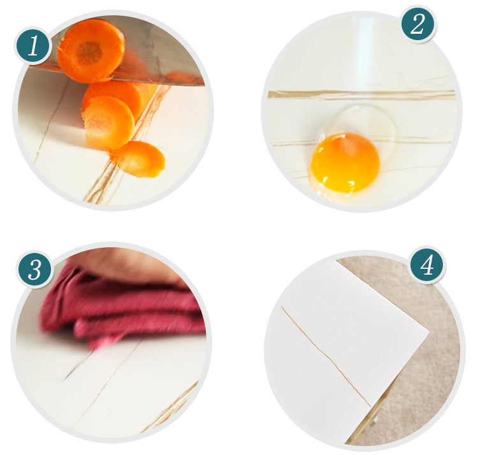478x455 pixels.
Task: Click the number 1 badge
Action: click(33, 47)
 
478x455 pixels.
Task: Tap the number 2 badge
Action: click(417, 24)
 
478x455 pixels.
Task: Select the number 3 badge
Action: click(34, 270)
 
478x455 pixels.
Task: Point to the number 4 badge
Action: click(427, 265)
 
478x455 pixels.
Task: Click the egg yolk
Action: click(345, 162)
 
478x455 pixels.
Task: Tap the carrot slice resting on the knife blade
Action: click(91, 50)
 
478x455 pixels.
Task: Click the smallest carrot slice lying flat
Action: click(141, 159)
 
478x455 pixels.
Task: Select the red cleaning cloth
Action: click(122, 308)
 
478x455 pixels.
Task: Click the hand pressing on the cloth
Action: click(128, 266)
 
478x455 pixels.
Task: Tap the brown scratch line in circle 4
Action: click(326, 357)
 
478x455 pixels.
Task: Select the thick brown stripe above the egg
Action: click(362, 94)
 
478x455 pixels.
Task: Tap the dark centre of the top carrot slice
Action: click(89, 53)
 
